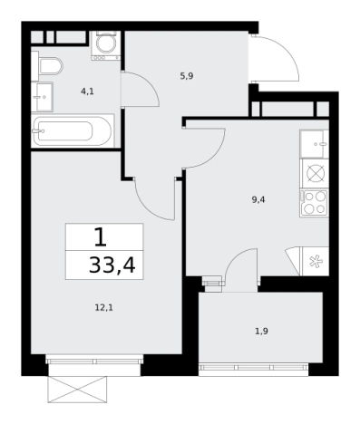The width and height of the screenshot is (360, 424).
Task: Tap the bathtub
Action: [x=73, y=130]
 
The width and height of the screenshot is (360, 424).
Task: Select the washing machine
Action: [x=106, y=45]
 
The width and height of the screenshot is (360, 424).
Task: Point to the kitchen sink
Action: [x=315, y=144]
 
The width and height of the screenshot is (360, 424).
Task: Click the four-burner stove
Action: [x=315, y=203]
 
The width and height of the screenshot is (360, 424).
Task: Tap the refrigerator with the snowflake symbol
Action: [x=315, y=261]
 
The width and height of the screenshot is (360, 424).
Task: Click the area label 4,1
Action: [x=87, y=92]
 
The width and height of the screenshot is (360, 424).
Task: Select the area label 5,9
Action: [x=187, y=76]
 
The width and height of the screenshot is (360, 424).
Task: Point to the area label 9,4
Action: [x=258, y=199]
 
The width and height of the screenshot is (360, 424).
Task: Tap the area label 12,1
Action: [x=103, y=308]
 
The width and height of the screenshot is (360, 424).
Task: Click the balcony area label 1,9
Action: [x=261, y=332]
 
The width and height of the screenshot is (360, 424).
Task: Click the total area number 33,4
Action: [x=112, y=265]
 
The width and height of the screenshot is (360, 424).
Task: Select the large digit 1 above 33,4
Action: [x=101, y=237]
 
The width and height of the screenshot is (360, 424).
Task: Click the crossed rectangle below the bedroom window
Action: [x=77, y=390]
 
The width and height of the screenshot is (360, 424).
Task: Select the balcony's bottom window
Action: [x=253, y=368]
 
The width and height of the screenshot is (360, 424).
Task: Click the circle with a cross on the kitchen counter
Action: [x=316, y=173]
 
